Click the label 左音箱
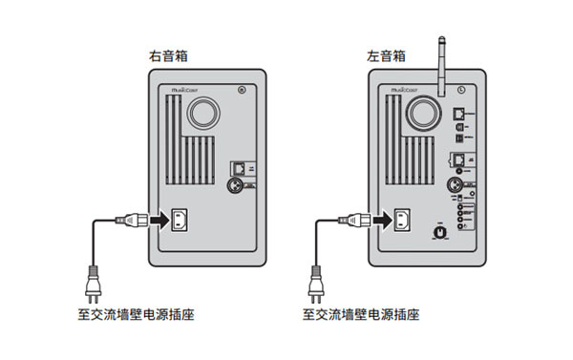tap(386, 58)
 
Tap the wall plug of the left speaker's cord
tap(315, 282)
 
